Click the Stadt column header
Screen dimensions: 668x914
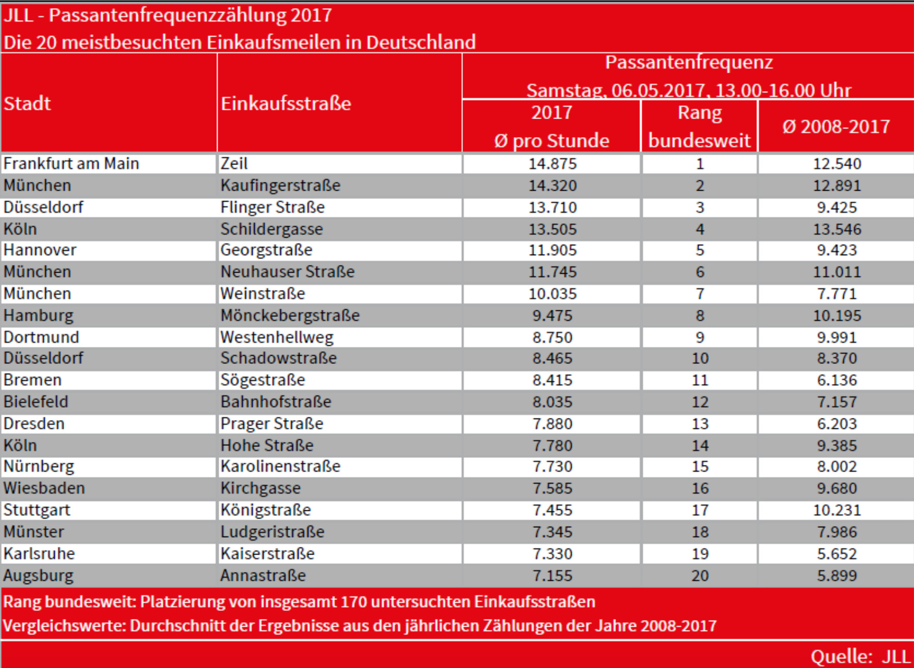27,104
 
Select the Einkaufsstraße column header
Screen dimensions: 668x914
286,104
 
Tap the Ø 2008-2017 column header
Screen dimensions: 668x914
836,127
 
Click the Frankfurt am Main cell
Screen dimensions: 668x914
71,163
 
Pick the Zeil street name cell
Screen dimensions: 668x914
234,163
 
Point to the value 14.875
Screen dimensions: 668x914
552,164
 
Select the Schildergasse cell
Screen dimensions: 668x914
272,229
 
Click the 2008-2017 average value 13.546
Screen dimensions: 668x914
837,229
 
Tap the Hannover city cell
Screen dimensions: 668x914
40,250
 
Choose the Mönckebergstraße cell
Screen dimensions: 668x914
290,315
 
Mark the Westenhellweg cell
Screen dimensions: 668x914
277,337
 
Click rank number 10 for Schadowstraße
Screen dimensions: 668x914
700,358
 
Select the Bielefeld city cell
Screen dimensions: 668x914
36,402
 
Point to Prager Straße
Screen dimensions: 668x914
272,424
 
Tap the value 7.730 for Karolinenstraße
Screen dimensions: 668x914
552,466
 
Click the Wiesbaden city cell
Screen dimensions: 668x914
44,488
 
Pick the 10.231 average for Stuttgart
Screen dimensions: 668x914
837,510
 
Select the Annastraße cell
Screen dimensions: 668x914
263,575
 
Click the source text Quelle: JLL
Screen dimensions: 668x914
859,657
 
